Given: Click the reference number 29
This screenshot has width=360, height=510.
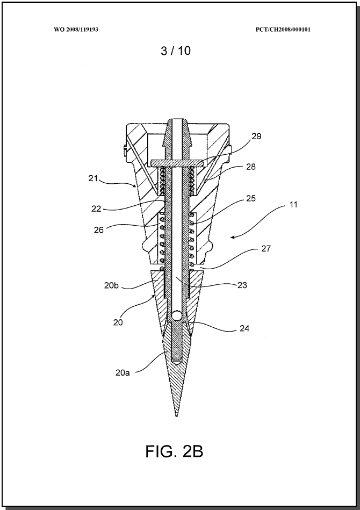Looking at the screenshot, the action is (x=257, y=137).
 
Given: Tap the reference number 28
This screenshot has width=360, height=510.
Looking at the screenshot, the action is (x=251, y=167).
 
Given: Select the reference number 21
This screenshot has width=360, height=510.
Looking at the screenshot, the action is (x=93, y=178).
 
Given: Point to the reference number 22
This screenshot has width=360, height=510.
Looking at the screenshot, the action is (x=96, y=209).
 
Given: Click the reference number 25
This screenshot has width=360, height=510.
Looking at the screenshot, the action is (x=251, y=198).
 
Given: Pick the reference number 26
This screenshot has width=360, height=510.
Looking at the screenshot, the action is (x=99, y=230).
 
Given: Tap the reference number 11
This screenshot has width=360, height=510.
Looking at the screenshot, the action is (x=293, y=205).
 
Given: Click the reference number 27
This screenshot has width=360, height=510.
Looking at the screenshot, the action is (x=265, y=249).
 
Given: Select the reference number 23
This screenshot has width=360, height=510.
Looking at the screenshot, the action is (x=242, y=285).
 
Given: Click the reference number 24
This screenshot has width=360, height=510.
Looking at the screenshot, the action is (x=244, y=329).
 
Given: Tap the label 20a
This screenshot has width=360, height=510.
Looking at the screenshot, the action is (x=123, y=373).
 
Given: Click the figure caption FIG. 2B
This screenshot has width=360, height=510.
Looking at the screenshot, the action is (x=174, y=452).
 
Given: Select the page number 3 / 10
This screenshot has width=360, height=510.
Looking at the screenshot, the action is (x=176, y=51).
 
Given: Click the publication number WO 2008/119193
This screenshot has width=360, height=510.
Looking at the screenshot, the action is (x=76, y=30).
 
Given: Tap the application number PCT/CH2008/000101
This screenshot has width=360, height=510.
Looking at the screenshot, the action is (x=283, y=30).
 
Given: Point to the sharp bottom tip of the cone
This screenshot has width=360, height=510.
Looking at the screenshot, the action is (x=176, y=416).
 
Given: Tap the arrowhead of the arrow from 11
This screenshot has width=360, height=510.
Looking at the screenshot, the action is (x=233, y=238).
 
